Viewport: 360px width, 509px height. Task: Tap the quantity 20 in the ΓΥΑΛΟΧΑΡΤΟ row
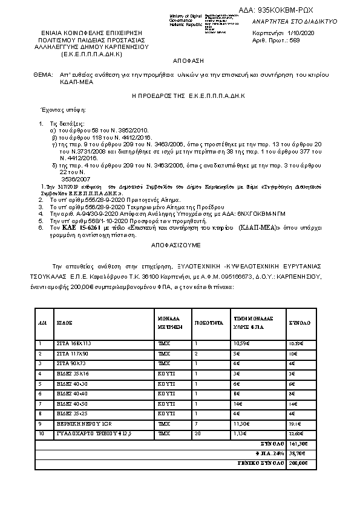click(x=197, y=433)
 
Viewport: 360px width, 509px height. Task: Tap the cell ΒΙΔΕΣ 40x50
click(x=68, y=403)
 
